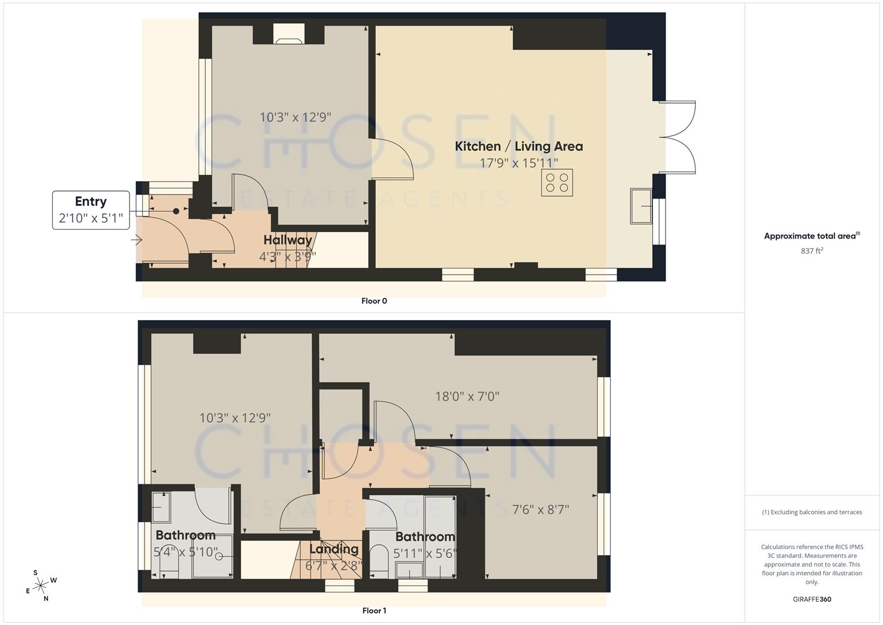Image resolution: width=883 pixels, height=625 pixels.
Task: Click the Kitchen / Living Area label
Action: coord(519,146)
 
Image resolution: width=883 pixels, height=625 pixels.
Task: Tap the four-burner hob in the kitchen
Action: coord(557,183)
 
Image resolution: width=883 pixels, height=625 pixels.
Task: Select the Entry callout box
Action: coord(91,210)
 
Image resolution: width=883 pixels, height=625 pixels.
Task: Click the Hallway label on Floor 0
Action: coord(287,240)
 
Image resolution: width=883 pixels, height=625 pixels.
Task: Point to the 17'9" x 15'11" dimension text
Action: coord(519,163)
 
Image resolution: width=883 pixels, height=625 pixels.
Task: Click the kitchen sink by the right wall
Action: coord(641,205)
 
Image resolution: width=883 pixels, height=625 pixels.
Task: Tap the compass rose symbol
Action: coord(41,586)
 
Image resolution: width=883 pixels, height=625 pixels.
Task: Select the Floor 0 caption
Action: coord(374,301)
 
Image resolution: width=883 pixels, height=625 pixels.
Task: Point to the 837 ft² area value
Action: coord(812,251)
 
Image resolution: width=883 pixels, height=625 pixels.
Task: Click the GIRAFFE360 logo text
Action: coord(812,599)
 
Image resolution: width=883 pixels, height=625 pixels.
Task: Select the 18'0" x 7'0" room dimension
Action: coord(467,396)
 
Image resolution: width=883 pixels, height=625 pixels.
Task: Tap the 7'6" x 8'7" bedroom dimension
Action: coord(541,510)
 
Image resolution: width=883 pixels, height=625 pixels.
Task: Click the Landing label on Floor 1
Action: coord(334,549)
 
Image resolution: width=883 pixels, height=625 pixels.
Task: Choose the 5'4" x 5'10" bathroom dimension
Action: coord(186,552)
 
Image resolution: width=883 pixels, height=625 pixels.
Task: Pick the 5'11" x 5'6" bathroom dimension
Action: coord(424,553)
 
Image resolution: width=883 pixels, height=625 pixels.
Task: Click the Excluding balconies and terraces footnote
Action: coord(812,512)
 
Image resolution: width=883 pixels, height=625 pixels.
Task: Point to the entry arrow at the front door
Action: coord(137,239)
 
